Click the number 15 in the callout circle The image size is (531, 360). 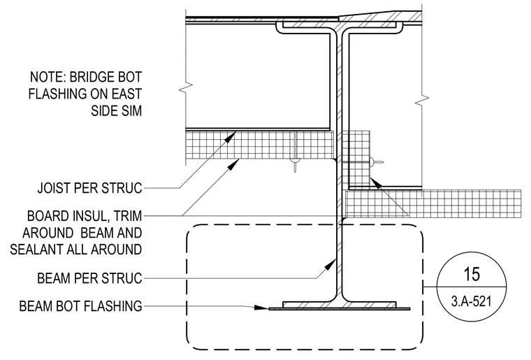point(472,274)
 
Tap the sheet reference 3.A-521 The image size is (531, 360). point(471,301)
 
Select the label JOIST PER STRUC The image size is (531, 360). point(89,188)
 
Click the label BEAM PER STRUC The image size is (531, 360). point(89,278)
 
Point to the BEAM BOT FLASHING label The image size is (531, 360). point(80,306)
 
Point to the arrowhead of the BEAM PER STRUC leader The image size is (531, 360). point(330,264)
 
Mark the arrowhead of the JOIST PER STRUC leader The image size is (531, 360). point(231,137)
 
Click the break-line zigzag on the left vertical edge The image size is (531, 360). point(186,88)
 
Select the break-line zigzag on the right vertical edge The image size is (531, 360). point(422,99)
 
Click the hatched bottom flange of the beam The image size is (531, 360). point(340,305)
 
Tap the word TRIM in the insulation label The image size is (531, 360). point(128,216)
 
